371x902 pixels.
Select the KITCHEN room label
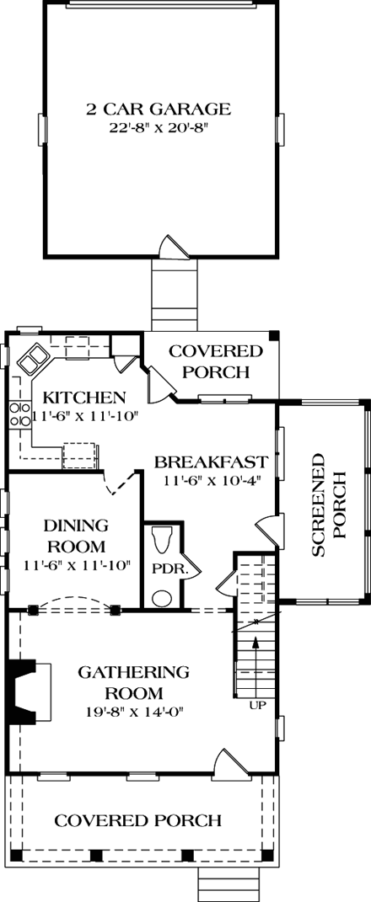(x=84, y=398)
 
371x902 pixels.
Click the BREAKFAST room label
(x=211, y=462)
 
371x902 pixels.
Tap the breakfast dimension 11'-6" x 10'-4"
(x=211, y=480)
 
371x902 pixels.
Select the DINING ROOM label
(x=73, y=536)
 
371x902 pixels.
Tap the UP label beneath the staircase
(x=257, y=704)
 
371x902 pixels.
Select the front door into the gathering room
(x=225, y=762)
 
